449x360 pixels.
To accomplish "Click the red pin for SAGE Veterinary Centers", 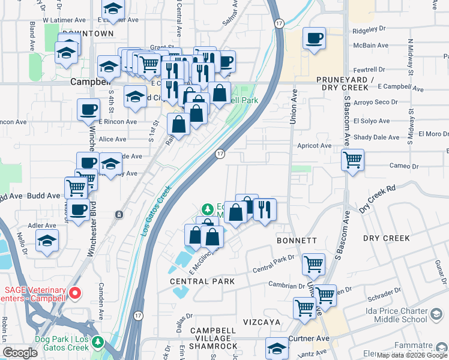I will [75, 293].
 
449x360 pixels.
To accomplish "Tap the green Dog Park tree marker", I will [95, 343].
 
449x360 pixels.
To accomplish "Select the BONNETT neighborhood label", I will [297, 240].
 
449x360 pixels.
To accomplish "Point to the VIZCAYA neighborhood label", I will [262, 322].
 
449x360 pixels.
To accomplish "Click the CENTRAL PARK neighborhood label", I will [197, 281].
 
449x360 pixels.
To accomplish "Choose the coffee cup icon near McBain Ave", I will [314, 40].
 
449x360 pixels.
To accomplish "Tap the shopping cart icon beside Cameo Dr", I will [352, 160].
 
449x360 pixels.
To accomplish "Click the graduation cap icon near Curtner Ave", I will [277, 349].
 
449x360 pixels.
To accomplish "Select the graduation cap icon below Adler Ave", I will [47, 241].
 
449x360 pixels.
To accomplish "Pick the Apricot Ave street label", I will [314, 145].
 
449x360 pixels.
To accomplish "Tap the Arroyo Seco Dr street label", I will [376, 102].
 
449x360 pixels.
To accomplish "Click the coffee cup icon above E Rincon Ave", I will [88, 110].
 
